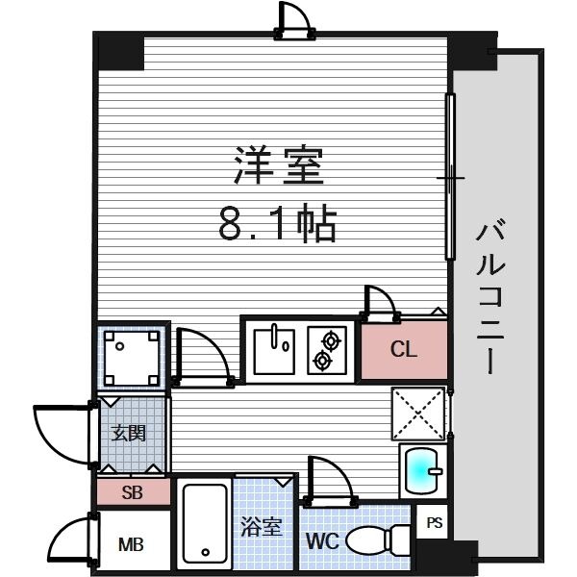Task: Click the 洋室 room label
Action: pyautogui.click(x=279, y=165)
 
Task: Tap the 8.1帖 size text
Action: pyautogui.click(x=278, y=223)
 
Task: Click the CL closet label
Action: pyautogui.click(x=404, y=349)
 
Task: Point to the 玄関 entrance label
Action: pyautogui.click(x=129, y=433)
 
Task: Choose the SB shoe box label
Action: pyautogui.click(x=132, y=492)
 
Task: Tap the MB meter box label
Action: pyautogui.click(x=131, y=545)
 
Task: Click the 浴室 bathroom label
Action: pyautogui.click(x=262, y=527)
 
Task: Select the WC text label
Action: pyautogui.click(x=323, y=540)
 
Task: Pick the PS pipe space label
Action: pyautogui.click(x=435, y=522)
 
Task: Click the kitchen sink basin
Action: pyautogui.click(x=274, y=352)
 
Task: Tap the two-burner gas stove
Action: pyautogui.click(x=327, y=351)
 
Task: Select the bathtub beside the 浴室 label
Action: pyautogui.click(x=205, y=524)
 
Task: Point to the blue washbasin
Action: pyautogui.click(x=422, y=471)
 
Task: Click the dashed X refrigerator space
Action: pyautogui.click(x=418, y=414)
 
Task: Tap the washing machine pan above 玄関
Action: pyautogui.click(x=132, y=356)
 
